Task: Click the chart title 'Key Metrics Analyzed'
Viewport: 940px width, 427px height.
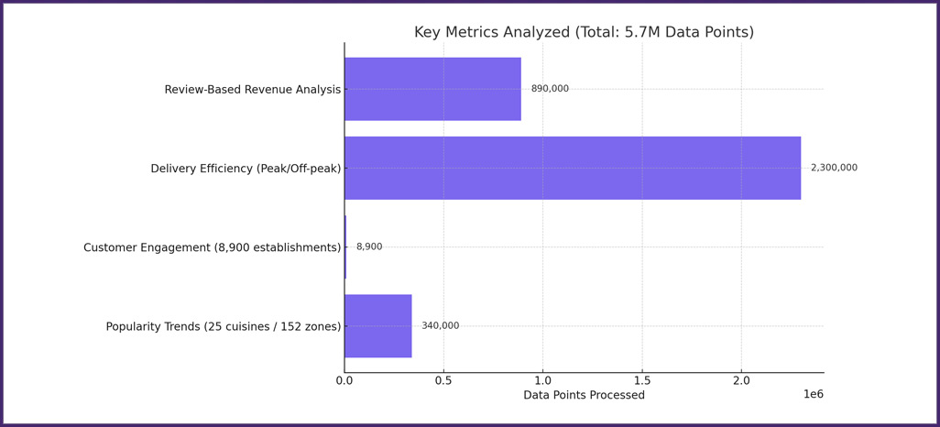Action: pyautogui.click(x=584, y=33)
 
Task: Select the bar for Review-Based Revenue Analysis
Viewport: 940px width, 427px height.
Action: pyautogui.click(x=432, y=89)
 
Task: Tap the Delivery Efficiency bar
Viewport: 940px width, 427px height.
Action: pyautogui.click(x=573, y=168)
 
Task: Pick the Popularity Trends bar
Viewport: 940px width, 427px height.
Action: pyautogui.click(x=378, y=326)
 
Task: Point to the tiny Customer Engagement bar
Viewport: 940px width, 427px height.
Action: pyautogui.click(x=345, y=247)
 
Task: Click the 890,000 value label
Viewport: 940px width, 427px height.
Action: pyautogui.click(x=550, y=89)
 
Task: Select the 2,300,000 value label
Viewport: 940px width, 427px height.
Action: pyautogui.click(x=834, y=168)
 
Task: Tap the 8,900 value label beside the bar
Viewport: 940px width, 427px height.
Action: pyautogui.click(x=369, y=247)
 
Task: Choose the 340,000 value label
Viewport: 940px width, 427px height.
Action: pyautogui.click(x=441, y=326)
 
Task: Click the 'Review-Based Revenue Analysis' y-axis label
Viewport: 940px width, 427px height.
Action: pyautogui.click(x=252, y=90)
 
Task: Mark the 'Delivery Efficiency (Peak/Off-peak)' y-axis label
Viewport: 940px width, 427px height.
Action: pyautogui.click(x=246, y=169)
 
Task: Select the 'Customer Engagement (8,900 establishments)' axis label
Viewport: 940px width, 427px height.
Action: pyautogui.click(x=212, y=247)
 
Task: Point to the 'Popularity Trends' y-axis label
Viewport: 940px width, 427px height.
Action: pyautogui.click(x=223, y=327)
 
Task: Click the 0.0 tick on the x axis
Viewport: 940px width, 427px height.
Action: pyautogui.click(x=344, y=380)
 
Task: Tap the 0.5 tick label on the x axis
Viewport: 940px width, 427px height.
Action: pyautogui.click(x=443, y=380)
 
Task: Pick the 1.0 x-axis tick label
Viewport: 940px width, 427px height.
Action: pyautogui.click(x=543, y=380)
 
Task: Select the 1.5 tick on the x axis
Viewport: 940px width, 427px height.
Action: pyautogui.click(x=642, y=380)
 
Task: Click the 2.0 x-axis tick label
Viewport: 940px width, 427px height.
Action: pyautogui.click(x=741, y=380)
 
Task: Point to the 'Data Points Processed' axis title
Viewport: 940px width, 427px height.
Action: pyautogui.click(x=584, y=396)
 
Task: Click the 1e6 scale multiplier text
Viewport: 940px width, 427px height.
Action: pyautogui.click(x=814, y=394)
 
